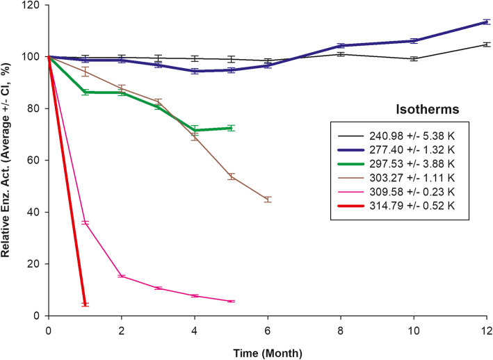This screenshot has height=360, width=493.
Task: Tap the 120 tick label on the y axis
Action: tap(34, 6)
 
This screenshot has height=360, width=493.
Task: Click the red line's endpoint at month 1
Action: tap(85, 304)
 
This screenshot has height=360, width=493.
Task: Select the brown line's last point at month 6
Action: tap(268, 199)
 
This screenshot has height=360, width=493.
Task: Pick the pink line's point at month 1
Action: tap(85, 222)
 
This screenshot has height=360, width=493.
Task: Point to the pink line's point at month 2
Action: tap(121, 276)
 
